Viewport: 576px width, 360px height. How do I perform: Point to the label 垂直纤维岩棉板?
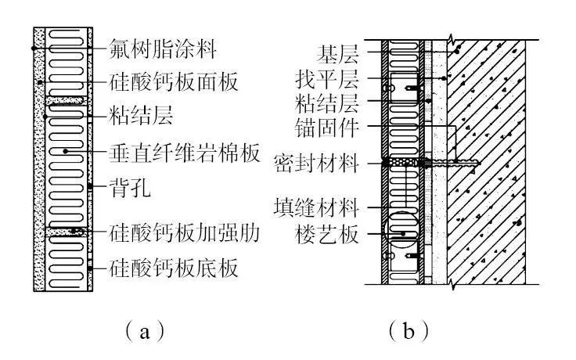coord(183,153)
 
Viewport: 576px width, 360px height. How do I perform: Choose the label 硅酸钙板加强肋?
coord(183,232)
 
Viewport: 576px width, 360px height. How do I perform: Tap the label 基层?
coord(337,54)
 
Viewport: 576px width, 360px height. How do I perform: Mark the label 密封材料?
coord(316,164)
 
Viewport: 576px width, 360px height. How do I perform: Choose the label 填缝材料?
coord(316,208)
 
